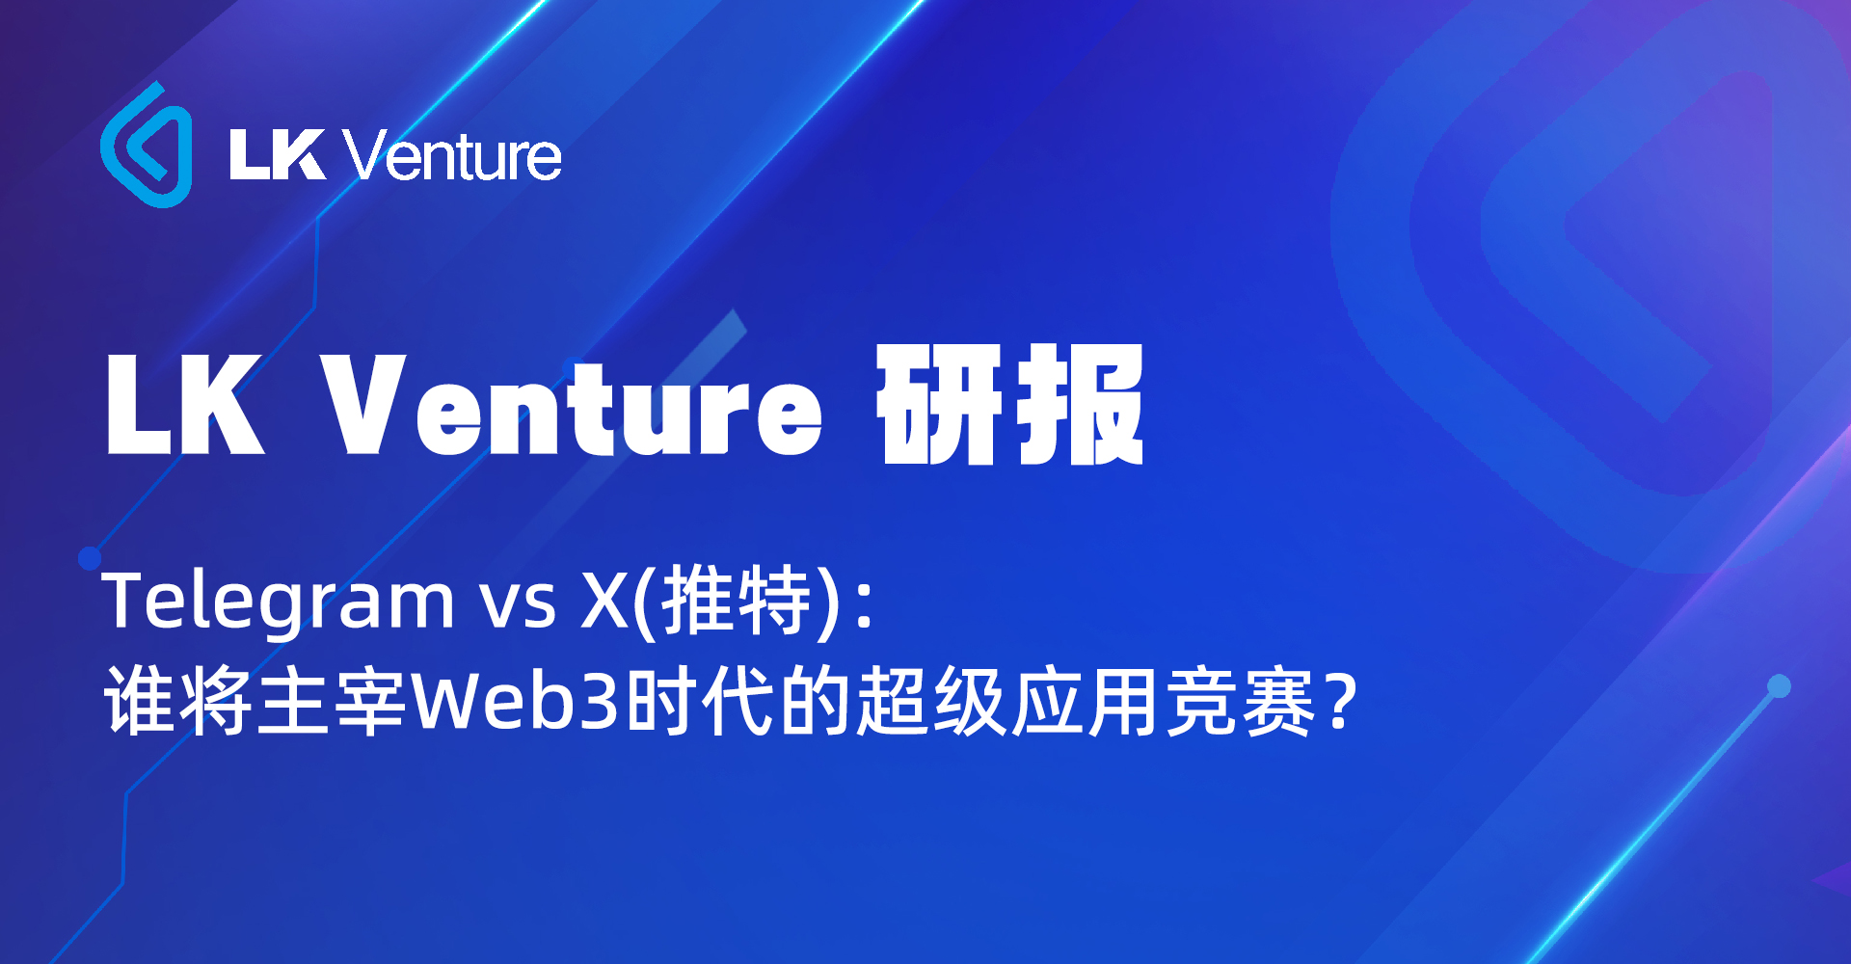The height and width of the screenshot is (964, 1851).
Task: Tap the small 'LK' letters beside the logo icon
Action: (x=276, y=155)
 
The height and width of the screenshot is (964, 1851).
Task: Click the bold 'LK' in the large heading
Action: (x=183, y=405)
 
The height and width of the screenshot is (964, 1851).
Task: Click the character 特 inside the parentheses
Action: (x=773, y=601)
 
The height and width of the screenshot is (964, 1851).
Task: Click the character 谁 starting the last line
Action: (x=141, y=701)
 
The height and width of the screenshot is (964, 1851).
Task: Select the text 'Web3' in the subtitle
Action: (x=515, y=701)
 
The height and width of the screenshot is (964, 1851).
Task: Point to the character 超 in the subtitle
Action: (x=893, y=701)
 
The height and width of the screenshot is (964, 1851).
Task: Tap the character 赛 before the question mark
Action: (x=1278, y=701)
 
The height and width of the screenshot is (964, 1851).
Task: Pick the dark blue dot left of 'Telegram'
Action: (x=90, y=557)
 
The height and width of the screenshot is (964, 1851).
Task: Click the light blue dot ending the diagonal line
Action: (x=1779, y=686)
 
